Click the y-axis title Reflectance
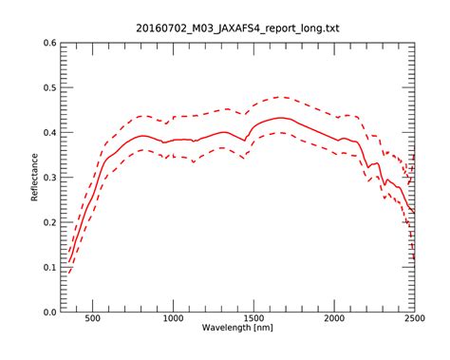[35, 178]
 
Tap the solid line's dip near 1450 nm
[245, 141]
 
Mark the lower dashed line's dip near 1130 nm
[194, 162]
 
